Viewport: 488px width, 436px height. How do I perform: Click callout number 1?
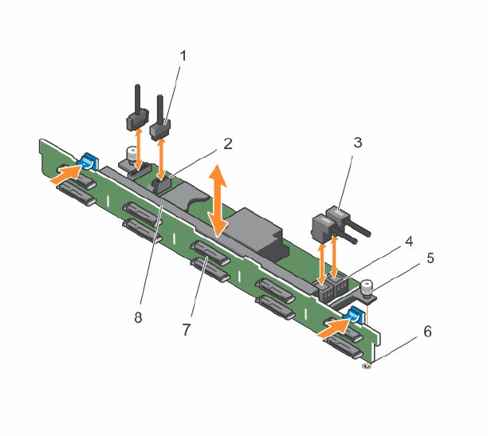coord(183,57)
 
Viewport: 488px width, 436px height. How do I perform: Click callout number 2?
coord(228,144)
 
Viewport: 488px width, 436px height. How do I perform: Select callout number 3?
coord(358,143)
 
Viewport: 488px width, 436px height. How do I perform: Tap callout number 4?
coord(408,242)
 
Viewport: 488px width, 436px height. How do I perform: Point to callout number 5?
coord(431,258)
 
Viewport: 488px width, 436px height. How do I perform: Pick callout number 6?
coord(428,332)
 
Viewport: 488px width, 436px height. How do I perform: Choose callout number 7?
coord(186,330)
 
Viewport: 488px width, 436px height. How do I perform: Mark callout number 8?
coord(138,318)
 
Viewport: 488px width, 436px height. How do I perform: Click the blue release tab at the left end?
coord(87,162)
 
